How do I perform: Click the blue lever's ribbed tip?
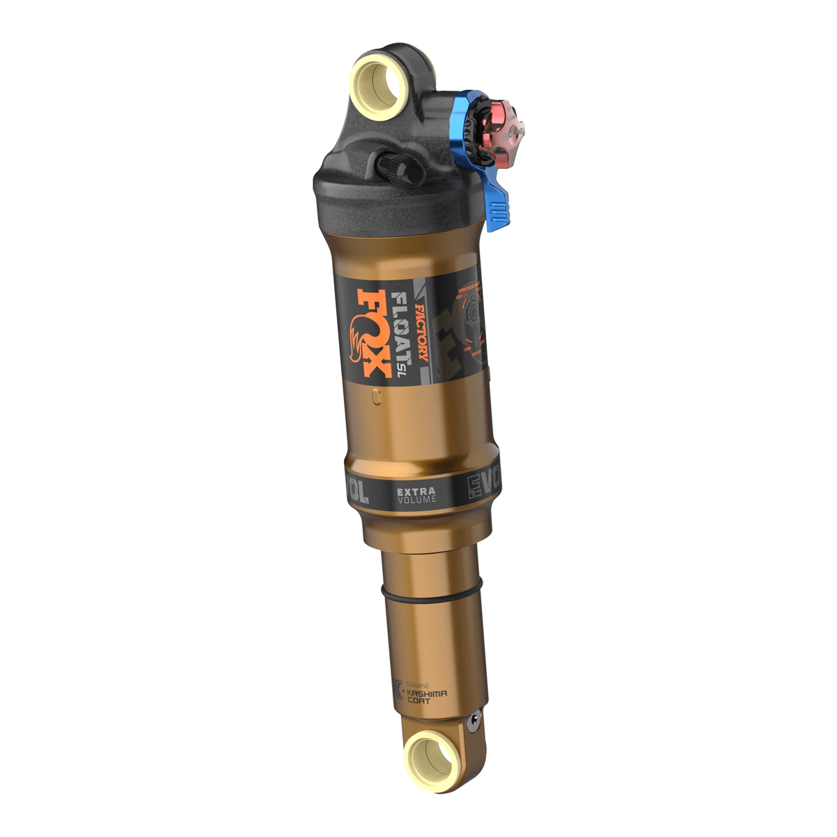coord(496,209)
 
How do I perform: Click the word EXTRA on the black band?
coord(416,492)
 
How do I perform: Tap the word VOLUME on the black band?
coord(416,500)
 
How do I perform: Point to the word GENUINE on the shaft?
coord(418,686)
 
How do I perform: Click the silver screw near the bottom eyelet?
coord(474,723)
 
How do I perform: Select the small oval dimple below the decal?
coord(377,396)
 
